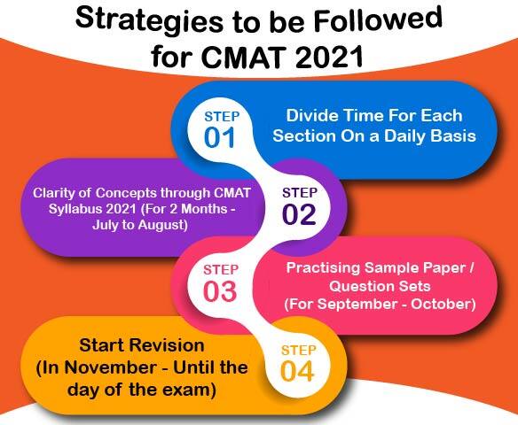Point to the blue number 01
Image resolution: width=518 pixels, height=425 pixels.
pos(219,137)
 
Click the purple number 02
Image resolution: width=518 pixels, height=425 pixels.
pos(299,214)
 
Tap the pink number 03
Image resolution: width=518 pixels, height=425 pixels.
pos(220,291)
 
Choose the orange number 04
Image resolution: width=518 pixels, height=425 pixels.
pos(297,372)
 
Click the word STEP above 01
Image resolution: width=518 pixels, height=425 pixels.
pos(222,117)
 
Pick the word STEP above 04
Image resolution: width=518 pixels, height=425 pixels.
pos(298,351)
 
